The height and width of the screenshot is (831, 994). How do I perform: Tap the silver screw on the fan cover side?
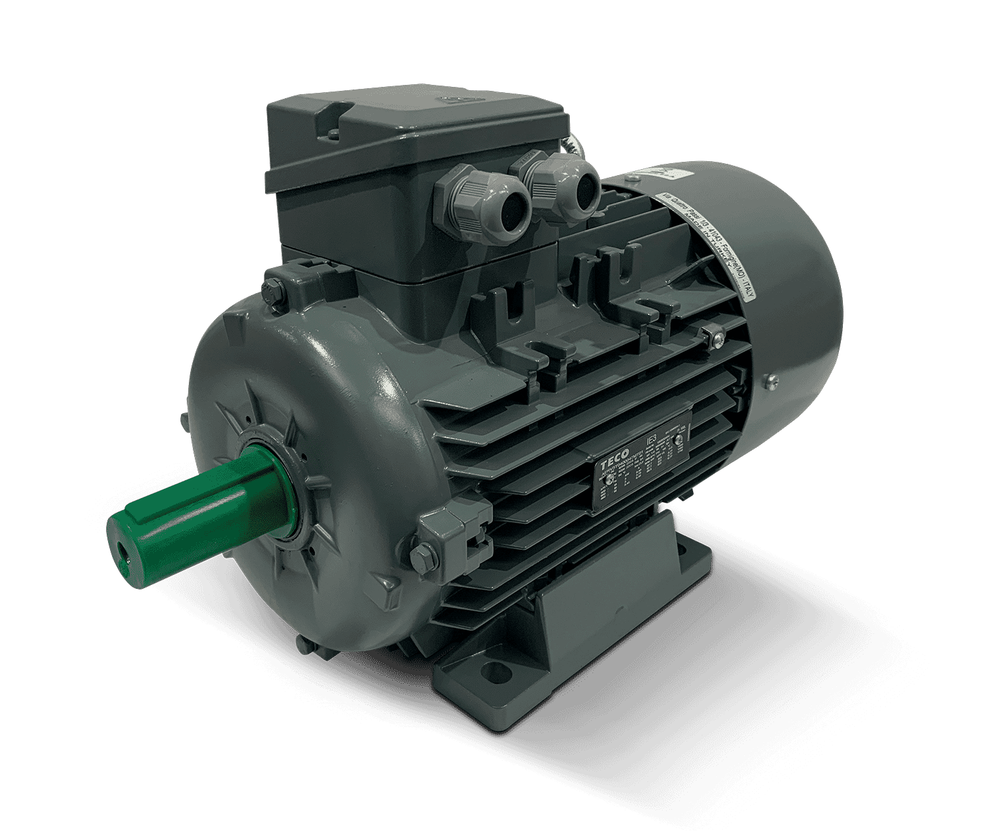tap(771, 380)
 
